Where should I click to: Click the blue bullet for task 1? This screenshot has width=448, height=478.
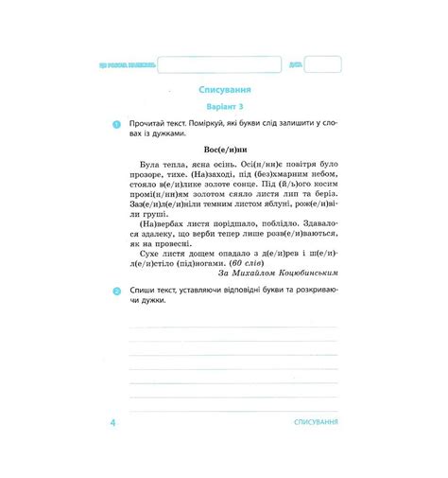click(116, 125)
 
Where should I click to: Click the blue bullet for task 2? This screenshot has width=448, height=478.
click(116, 292)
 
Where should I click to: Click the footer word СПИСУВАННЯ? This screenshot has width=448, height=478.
click(317, 420)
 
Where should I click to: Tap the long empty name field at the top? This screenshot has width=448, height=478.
click(219, 64)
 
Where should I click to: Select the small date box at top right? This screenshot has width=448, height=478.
click(323, 64)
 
